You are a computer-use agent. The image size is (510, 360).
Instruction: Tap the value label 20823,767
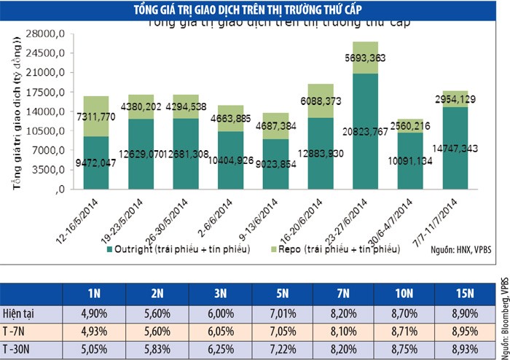coord(376,133)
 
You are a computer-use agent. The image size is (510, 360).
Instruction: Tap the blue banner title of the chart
coord(255,9)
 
